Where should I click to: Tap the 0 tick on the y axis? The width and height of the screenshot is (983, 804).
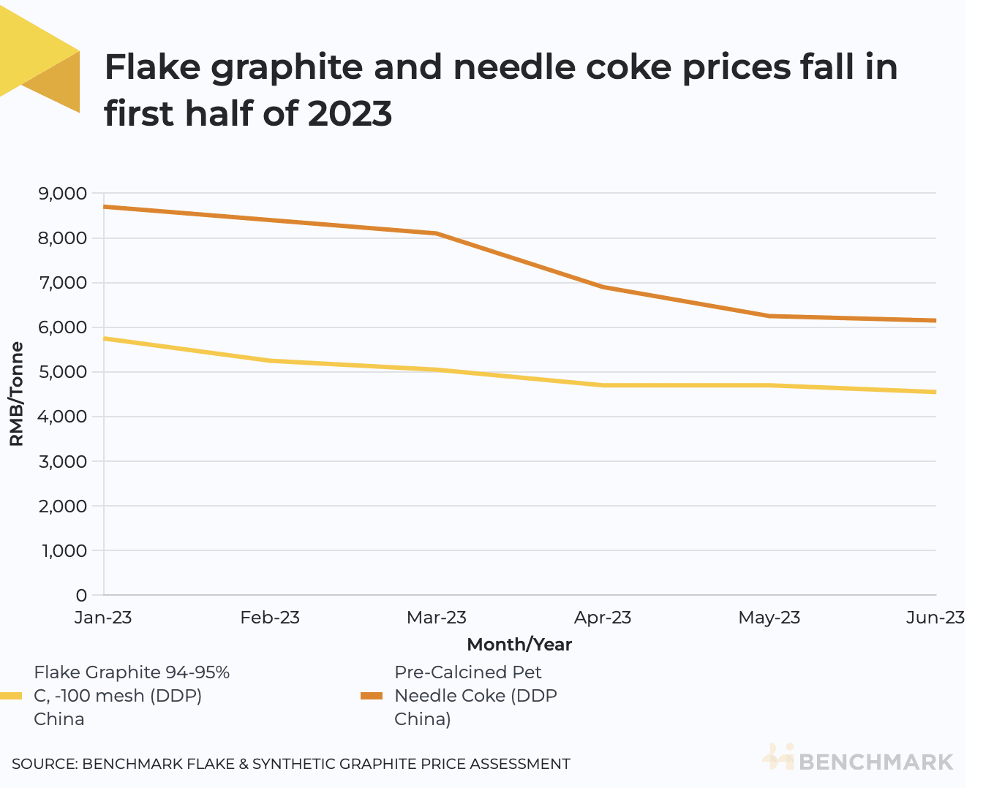80,595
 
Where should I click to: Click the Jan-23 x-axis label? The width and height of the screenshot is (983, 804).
103,618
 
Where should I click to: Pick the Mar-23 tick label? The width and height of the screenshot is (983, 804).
436,618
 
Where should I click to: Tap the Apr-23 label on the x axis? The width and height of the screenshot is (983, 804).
603,618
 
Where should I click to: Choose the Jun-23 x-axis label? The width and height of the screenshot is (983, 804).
935,618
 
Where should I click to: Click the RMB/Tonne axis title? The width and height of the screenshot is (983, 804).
16,394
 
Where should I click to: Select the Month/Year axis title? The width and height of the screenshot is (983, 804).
519,645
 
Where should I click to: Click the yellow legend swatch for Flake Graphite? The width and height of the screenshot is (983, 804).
12,696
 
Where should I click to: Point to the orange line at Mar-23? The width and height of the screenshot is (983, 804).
437,234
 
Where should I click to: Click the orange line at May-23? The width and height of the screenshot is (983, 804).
769,316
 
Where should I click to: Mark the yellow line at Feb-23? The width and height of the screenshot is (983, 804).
270,361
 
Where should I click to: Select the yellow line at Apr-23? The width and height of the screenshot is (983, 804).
603,385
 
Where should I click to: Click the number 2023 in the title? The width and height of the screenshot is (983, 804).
350,114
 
